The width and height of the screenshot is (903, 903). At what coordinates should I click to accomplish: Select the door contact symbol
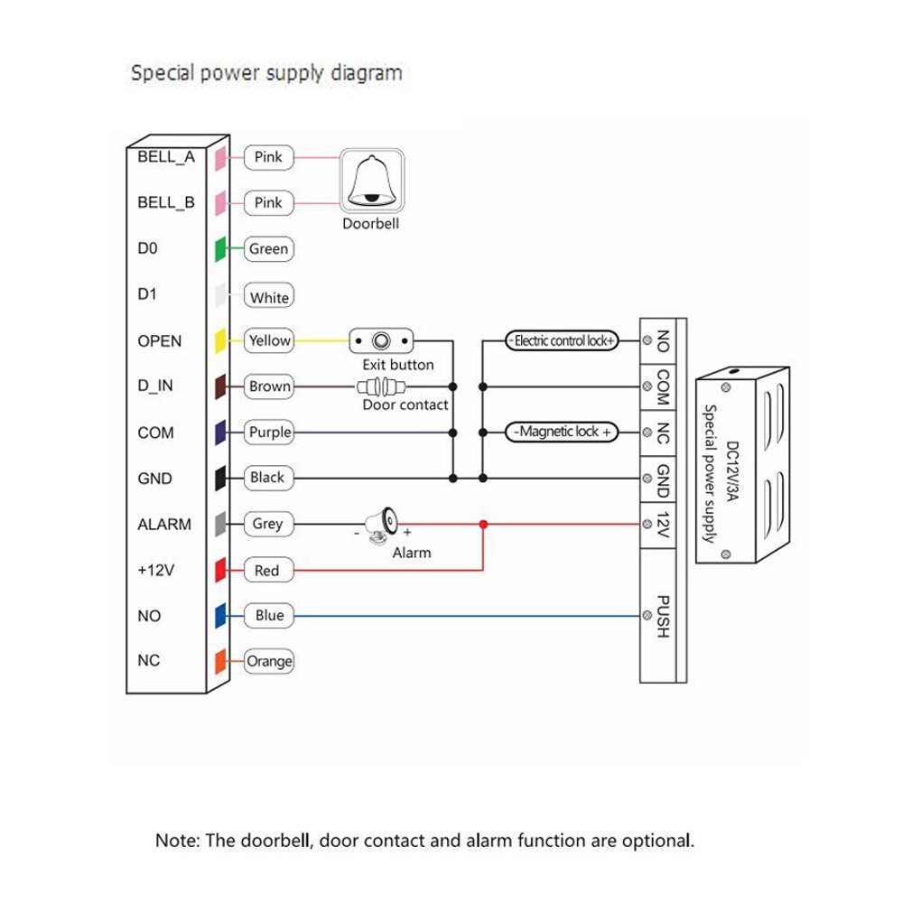pyautogui.click(x=380, y=387)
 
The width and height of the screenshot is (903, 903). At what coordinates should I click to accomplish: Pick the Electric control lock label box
pyautogui.click(x=562, y=341)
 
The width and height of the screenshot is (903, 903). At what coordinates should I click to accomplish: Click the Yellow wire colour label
pyautogui.click(x=269, y=340)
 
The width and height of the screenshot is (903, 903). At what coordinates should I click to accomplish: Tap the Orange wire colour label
pyautogui.click(x=269, y=661)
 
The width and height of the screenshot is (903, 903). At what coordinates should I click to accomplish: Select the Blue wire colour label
pyautogui.click(x=269, y=616)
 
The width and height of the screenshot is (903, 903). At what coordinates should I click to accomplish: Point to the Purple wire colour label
pyautogui.click(x=269, y=433)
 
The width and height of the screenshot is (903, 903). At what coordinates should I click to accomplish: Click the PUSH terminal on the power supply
pyautogui.click(x=661, y=616)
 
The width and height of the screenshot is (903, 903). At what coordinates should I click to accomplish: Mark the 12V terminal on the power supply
pyautogui.click(x=661, y=525)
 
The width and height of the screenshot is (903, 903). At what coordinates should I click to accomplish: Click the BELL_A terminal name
pyautogui.click(x=166, y=157)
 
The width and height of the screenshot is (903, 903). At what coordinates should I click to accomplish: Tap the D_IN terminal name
pyautogui.click(x=155, y=386)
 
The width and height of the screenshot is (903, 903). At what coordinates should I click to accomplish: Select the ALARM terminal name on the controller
pyautogui.click(x=164, y=525)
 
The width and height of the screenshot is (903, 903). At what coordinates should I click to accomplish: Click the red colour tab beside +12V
pyautogui.click(x=219, y=570)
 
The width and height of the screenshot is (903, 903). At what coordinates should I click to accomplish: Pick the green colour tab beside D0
pyautogui.click(x=219, y=249)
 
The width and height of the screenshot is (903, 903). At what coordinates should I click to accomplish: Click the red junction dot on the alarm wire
pyautogui.click(x=484, y=524)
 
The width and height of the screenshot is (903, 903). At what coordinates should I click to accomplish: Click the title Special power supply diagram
pyautogui.click(x=266, y=73)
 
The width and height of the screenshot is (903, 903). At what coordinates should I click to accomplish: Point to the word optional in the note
pyautogui.click(x=656, y=841)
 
